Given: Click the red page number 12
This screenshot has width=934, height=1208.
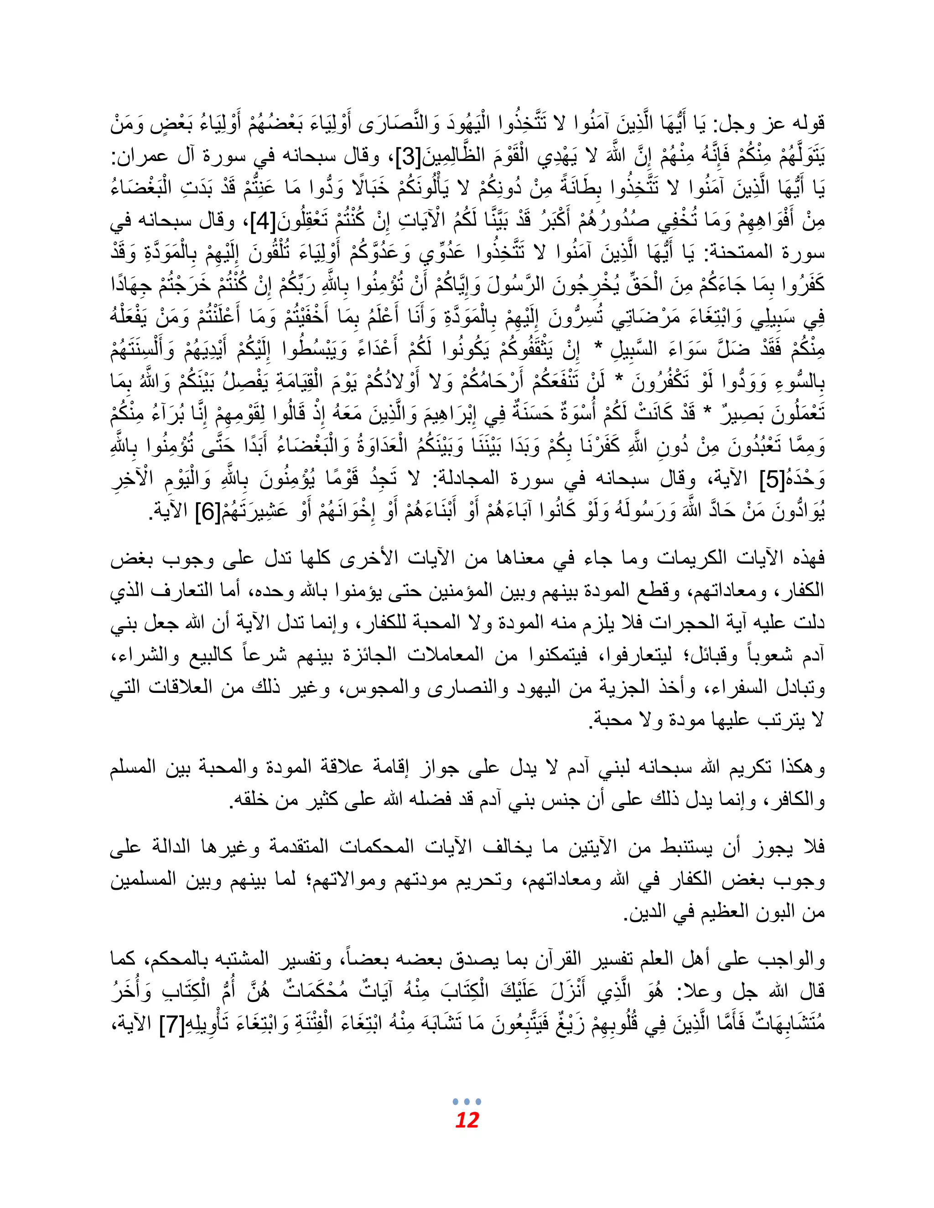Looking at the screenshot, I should coord(467,1120).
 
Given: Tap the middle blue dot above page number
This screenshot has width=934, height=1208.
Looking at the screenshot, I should coord(467,1101).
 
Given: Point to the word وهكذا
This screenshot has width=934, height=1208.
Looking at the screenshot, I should coord(797,768).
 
